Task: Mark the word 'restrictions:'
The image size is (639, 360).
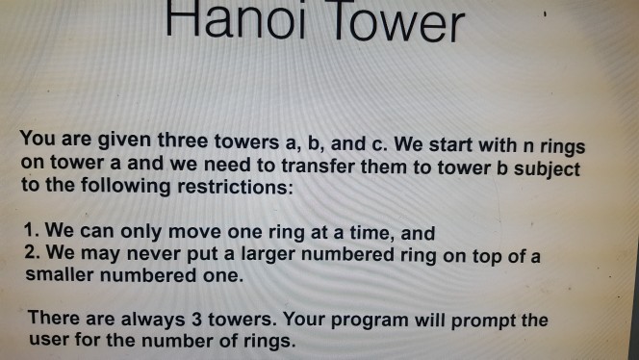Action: pos(234,186)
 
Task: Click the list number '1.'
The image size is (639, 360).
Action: pos(32,232)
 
